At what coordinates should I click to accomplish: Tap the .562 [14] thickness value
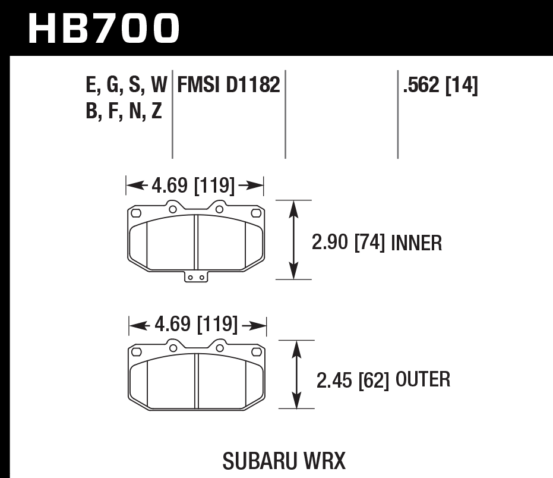[440, 86]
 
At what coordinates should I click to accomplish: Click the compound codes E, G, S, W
[127, 86]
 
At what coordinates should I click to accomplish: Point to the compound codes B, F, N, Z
[124, 111]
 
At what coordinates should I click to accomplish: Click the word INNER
[416, 243]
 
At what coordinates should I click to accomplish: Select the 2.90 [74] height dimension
[349, 243]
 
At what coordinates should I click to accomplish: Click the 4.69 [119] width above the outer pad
[197, 325]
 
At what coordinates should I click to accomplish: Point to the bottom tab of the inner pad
[195, 276]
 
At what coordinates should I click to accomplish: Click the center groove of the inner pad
[196, 241]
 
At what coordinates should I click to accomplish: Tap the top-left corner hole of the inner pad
[136, 212]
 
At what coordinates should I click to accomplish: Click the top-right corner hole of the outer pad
[257, 350]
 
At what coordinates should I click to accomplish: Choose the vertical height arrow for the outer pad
[297, 375]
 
